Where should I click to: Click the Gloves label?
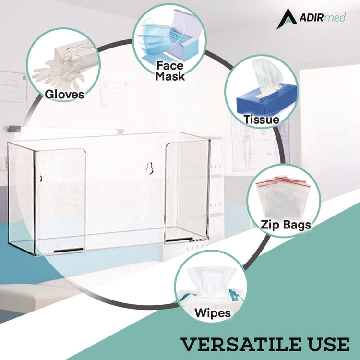64,94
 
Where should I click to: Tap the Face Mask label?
169,69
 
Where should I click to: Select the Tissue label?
261,120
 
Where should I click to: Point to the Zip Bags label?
286,224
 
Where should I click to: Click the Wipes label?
213,313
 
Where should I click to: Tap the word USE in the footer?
328,344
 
